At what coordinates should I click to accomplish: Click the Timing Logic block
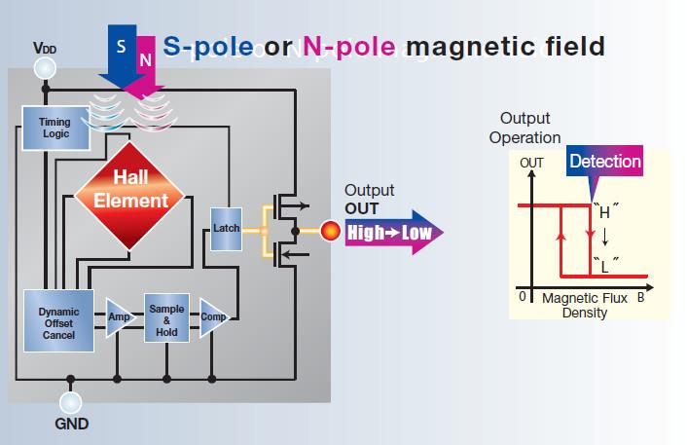[x=55, y=128]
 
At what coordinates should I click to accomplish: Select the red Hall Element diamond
[x=129, y=196]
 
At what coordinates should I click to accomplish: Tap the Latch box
[x=226, y=229]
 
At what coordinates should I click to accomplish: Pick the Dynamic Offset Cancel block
[x=58, y=320]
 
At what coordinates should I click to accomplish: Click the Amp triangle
[x=119, y=317]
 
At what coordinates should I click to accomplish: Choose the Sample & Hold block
[x=167, y=317]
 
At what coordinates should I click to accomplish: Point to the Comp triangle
[x=212, y=317]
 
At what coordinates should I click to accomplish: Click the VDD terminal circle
[x=45, y=69]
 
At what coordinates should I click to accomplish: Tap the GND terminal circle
[x=70, y=402]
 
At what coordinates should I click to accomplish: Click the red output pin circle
[x=330, y=231]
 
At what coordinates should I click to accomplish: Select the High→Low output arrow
[x=394, y=233]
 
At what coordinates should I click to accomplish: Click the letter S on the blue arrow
[x=122, y=46]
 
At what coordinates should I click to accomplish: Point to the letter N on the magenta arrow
[x=145, y=59]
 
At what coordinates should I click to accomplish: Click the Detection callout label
[x=605, y=162]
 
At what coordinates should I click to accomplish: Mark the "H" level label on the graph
[x=605, y=211]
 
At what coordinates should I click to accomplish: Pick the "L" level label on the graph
[x=605, y=266]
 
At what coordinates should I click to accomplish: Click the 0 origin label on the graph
[x=523, y=296]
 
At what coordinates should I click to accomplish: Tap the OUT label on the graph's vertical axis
[x=531, y=163]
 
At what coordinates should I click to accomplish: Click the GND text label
[x=72, y=424]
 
